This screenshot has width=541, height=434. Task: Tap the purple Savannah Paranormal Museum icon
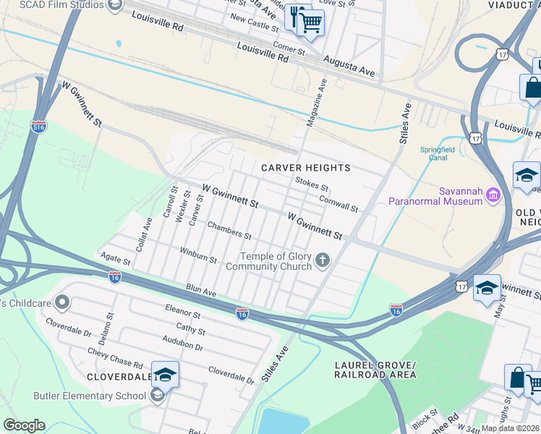click(x=493, y=194)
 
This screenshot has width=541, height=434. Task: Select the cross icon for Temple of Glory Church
click(x=323, y=259)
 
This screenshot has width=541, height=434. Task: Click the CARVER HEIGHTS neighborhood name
click(x=306, y=168)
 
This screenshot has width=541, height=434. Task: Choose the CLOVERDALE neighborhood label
click(x=119, y=377)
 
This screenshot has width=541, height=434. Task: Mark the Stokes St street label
click(x=312, y=184)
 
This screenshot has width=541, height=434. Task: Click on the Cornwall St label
click(x=338, y=205)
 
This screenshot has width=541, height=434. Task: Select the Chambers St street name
click(x=229, y=230)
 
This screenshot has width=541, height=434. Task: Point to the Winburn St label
click(x=198, y=255)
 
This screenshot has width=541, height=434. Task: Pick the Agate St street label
click(x=115, y=260)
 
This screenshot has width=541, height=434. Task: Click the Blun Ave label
click(x=201, y=290)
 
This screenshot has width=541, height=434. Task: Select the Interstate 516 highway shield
click(x=39, y=127)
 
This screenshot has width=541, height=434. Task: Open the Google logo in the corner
click(x=24, y=425)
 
